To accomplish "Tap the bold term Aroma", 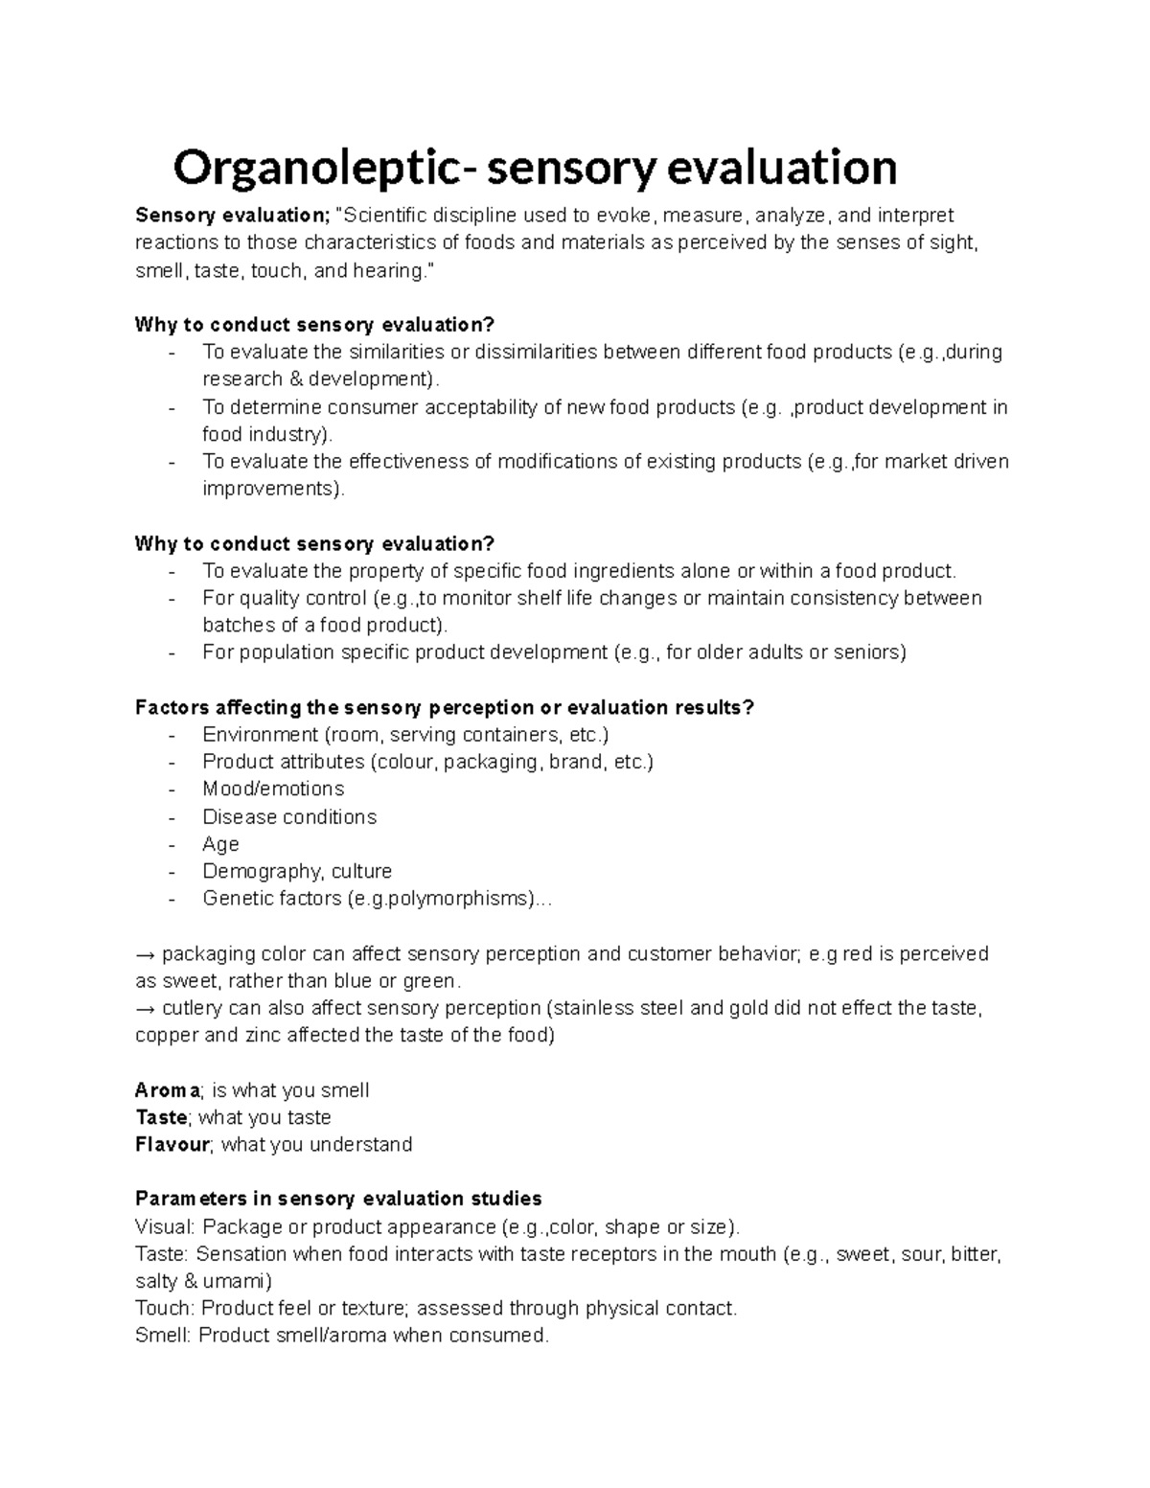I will [168, 1090].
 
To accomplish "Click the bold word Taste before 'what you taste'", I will [162, 1117].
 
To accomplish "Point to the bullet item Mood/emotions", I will [273, 789].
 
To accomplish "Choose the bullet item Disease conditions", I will [289, 816].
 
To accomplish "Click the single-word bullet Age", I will [220, 844].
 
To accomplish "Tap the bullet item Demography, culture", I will [297, 871].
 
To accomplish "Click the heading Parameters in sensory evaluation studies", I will [338, 1199].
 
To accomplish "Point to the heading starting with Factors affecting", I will [445, 708].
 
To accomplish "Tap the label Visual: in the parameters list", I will [166, 1226].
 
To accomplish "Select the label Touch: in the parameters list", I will [166, 1308].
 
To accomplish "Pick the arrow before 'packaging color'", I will [146, 954].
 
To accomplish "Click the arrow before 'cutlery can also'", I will [146, 1008].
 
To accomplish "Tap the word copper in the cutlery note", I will [167, 1035].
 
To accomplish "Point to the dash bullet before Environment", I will [172, 735].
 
